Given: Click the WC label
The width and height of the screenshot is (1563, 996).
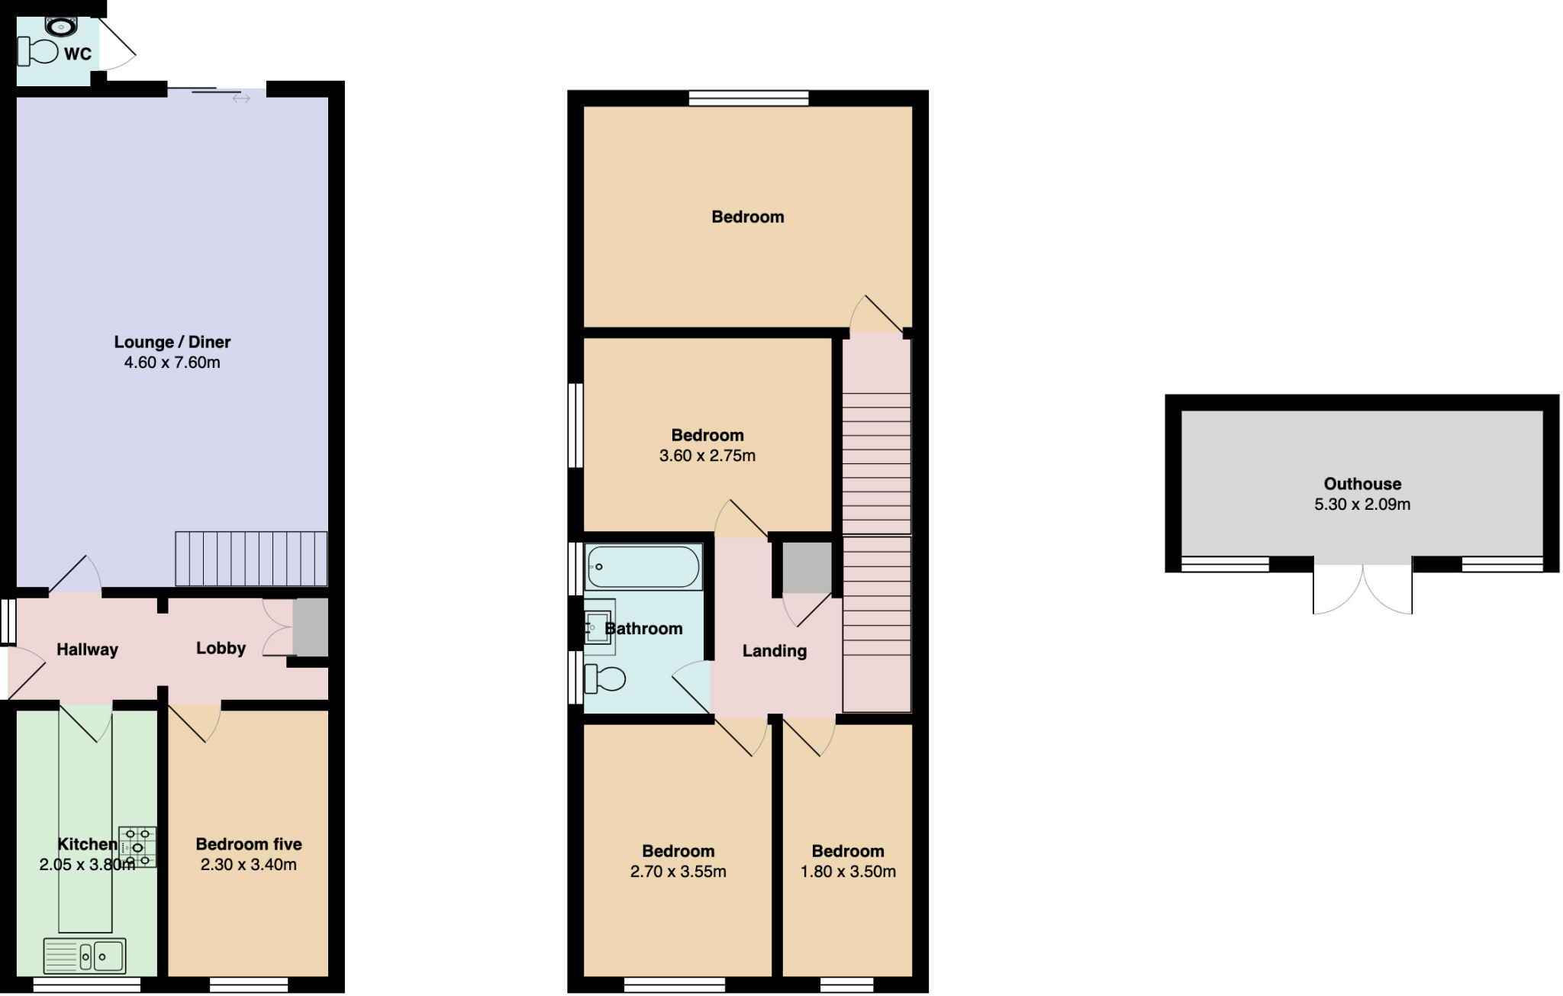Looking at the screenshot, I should pos(78,53).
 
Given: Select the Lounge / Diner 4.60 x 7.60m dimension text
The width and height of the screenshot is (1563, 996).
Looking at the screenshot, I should pos(172,363).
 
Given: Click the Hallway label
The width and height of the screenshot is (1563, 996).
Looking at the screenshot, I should pos(87,649).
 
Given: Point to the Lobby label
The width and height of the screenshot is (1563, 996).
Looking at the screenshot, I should pos(221,648).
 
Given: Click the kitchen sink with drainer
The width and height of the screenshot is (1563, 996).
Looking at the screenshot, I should pos(85,956).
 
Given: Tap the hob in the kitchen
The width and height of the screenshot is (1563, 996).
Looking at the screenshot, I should pos(138,846).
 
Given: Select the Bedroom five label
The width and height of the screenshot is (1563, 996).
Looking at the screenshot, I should pos(249,844).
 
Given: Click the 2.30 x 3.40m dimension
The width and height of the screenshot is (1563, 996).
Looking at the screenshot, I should pos(249,865).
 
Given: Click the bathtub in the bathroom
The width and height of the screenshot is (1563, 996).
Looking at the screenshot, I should pos(643,566).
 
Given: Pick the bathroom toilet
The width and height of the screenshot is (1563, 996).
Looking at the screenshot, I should pos(604,679).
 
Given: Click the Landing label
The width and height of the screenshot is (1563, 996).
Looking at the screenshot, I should pos(775,651).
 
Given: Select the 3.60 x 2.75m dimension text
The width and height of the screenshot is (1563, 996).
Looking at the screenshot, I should pos(707,456).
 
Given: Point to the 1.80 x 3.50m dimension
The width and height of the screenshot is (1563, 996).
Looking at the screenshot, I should pos(848,872).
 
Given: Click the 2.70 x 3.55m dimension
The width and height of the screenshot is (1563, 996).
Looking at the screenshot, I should pos(678,872).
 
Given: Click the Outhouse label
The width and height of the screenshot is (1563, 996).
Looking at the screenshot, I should pos(1362,484).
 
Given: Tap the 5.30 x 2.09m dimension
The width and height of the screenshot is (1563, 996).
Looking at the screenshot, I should pos(1362,504).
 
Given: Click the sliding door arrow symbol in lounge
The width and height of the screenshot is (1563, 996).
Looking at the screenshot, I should pos(241,98).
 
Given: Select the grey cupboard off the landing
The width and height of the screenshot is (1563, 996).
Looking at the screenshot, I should pos(807,568).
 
